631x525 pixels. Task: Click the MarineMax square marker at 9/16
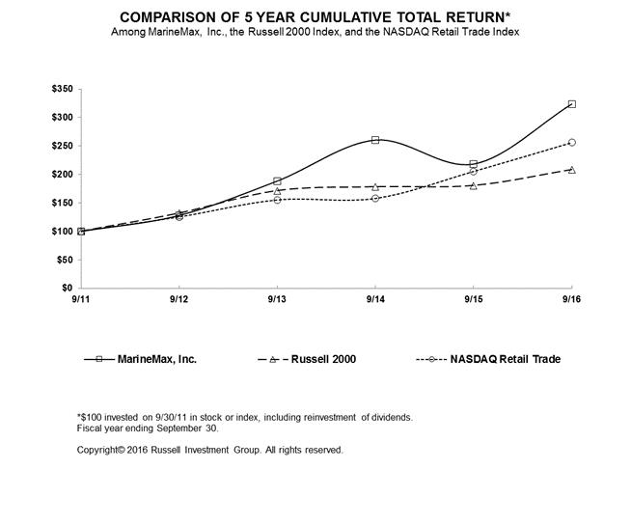[572, 104]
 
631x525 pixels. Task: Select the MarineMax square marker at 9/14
[375, 140]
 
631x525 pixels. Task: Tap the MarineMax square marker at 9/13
[277, 181]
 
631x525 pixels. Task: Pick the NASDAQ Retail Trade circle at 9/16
[572, 143]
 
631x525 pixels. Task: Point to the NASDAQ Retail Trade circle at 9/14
[375, 199]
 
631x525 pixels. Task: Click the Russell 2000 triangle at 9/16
[572, 170]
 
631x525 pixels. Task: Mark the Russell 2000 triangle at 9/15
[474, 185]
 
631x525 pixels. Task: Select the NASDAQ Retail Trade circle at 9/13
[277, 200]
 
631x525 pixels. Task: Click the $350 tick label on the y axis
[63, 89]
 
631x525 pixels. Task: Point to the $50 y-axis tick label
[65, 260]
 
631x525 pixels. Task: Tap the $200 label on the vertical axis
[63, 175]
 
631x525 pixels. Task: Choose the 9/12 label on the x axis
[179, 299]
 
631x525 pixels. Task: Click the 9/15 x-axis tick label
[474, 299]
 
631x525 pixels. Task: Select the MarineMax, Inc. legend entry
[141, 359]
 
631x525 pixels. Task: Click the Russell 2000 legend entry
[307, 359]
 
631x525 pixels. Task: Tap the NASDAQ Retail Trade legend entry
[488, 359]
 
